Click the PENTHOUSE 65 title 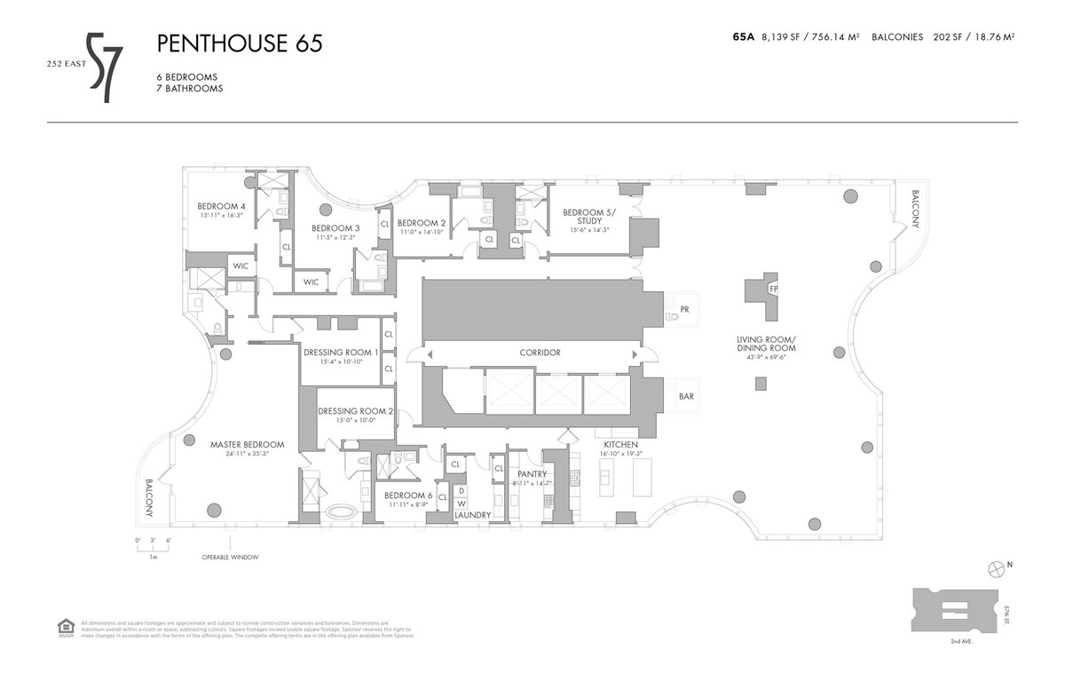click(x=239, y=44)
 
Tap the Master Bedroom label click(x=247, y=444)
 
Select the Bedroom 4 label click(x=222, y=206)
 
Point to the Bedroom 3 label click(x=335, y=228)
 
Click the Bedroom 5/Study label click(x=588, y=216)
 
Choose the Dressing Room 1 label click(x=342, y=352)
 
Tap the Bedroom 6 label click(x=407, y=496)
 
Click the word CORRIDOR click(x=540, y=353)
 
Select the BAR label click(x=686, y=397)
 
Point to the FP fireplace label click(x=773, y=289)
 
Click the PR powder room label click(x=684, y=310)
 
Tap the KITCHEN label click(x=620, y=444)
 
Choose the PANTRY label click(x=533, y=474)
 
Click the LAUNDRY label click(x=472, y=514)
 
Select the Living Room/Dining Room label click(x=765, y=344)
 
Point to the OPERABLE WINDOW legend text click(x=229, y=558)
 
